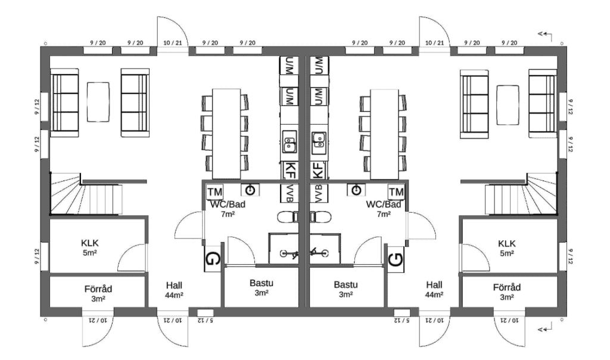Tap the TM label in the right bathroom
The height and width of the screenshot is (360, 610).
(x=396, y=192)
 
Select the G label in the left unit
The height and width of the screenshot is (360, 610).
(x=212, y=259)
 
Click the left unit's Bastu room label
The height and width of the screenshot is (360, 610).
(x=262, y=288)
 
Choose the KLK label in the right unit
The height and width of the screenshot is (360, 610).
(x=506, y=247)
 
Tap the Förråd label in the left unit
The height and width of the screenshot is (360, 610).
(x=98, y=293)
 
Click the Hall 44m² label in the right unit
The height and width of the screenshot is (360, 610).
(x=434, y=289)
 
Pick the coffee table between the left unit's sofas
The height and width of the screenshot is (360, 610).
(x=99, y=97)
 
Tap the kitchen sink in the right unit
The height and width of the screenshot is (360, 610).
(x=319, y=141)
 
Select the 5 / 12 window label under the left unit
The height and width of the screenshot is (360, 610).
(x=205, y=320)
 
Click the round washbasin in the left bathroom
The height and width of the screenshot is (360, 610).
(x=251, y=190)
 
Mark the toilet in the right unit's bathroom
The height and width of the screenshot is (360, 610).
(x=322, y=216)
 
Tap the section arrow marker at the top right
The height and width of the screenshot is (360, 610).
(x=543, y=34)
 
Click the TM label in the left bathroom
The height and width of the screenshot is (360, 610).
(x=215, y=192)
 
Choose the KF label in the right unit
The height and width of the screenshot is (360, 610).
(x=319, y=169)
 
